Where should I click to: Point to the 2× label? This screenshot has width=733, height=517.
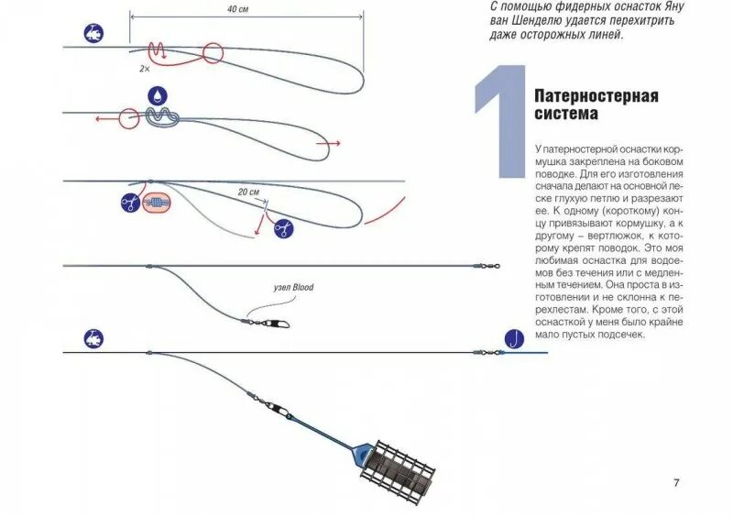click(x=144, y=68)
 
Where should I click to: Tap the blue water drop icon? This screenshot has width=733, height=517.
click(x=157, y=96)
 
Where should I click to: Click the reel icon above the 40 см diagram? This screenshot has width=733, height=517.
click(x=93, y=33)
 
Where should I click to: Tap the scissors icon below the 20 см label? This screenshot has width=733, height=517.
click(x=284, y=226)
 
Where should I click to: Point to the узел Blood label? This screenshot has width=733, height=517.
click(x=293, y=287)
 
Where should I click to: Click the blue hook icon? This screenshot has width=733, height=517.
click(x=513, y=339)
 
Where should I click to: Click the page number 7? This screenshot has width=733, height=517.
click(x=676, y=483)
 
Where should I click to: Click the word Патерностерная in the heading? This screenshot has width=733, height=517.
click(x=596, y=96)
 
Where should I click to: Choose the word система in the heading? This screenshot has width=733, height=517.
click(x=566, y=115)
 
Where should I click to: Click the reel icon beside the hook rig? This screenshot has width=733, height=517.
click(x=93, y=337)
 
